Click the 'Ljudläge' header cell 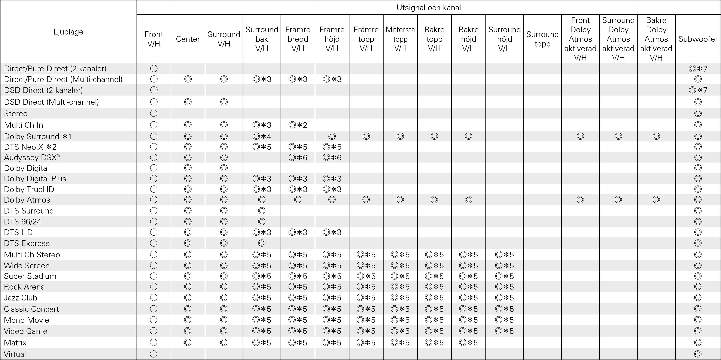68,32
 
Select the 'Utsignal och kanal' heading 429,7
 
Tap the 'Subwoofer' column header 698,39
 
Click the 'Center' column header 188,39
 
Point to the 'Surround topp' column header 542,39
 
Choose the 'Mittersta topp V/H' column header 400,39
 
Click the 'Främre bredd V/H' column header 298,39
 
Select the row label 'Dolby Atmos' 27,200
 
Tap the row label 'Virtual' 15,354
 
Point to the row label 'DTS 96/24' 23,222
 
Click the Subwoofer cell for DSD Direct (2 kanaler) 698,90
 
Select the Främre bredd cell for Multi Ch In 298,125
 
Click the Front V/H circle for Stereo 154,113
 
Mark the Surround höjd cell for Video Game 504,331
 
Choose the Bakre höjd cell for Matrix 468,343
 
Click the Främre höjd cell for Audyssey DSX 332,158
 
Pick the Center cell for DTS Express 188,243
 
